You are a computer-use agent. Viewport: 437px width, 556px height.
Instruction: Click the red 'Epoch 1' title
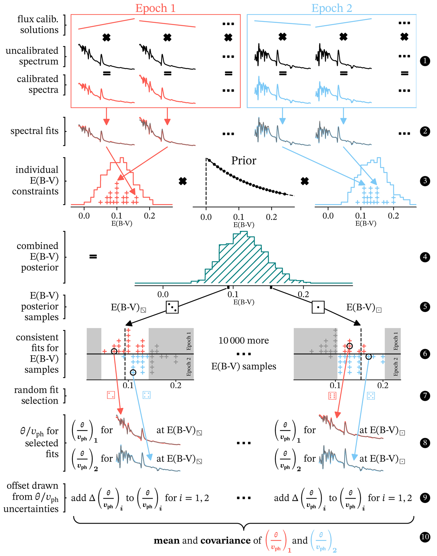155,8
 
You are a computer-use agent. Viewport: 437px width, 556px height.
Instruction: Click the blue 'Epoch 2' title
332,8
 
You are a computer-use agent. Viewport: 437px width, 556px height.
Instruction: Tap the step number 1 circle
425,61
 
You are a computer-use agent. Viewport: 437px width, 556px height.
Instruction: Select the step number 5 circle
425,307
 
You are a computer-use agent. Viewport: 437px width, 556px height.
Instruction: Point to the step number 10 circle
425,537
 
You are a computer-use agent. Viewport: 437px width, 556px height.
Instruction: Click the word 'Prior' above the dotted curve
244,161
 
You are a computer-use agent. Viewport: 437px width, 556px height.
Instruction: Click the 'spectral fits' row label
35,131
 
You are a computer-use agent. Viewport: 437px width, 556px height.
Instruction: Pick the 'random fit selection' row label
36,395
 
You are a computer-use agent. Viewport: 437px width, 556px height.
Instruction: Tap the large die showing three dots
172,307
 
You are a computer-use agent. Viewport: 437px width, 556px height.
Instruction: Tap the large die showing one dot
318,307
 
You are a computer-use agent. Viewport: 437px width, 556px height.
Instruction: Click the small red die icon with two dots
111,395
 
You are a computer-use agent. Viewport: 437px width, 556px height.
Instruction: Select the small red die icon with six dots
332,395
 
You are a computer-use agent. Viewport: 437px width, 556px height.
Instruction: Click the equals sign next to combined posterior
93,257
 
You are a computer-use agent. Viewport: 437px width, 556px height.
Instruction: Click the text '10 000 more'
244,341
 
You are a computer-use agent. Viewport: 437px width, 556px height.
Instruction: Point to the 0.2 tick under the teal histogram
303,295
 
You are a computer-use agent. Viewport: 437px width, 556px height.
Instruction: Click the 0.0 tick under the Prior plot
206,217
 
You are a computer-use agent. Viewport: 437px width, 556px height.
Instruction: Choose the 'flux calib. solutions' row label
38,24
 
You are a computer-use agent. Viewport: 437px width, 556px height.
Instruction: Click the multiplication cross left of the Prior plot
183,181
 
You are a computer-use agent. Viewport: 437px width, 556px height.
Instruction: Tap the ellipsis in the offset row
244,498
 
